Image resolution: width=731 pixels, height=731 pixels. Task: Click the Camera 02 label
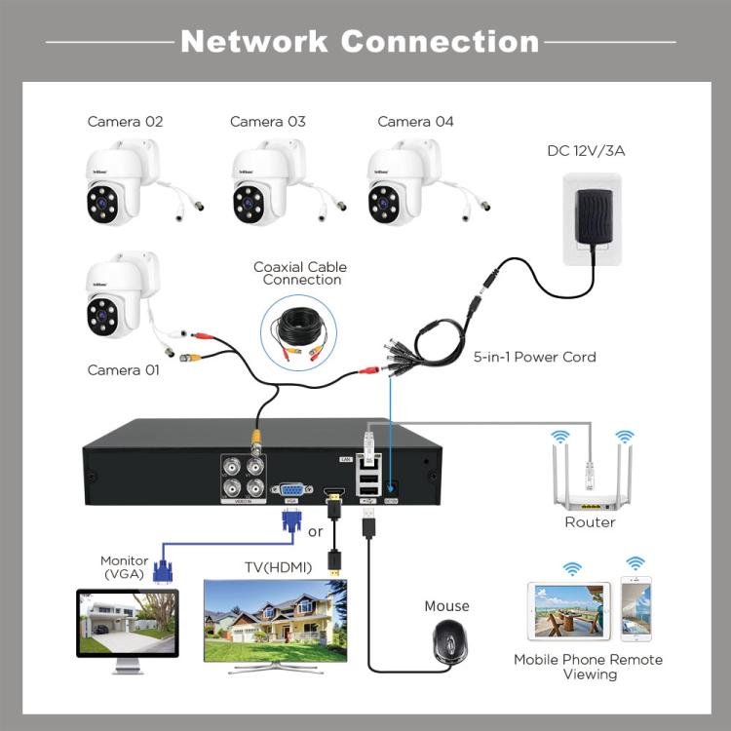tap(125, 122)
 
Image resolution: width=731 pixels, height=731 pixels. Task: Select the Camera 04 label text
tap(415, 122)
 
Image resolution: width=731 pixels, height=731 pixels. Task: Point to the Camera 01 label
tap(125, 370)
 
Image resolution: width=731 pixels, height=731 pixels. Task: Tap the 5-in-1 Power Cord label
tap(534, 357)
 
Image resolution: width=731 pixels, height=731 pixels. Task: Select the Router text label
tap(590, 522)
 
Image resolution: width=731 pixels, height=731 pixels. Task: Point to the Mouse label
tap(446, 606)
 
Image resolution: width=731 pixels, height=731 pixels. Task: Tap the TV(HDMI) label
tap(278, 567)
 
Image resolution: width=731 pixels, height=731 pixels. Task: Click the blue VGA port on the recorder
tap(290, 490)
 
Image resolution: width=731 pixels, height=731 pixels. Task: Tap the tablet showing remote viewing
tap(568, 611)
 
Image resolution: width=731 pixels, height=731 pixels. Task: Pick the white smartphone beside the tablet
tap(635, 610)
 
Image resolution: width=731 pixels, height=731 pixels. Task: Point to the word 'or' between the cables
tap(315, 532)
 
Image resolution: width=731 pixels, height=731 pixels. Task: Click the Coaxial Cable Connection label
tap(300, 273)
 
